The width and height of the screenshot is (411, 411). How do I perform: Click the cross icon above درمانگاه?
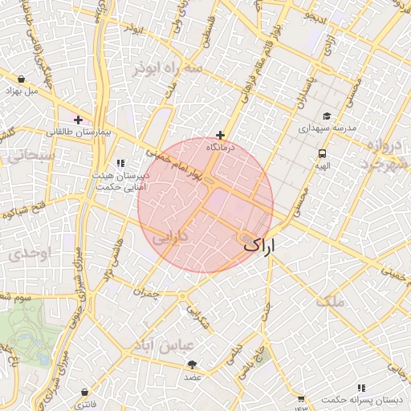pos(221,136)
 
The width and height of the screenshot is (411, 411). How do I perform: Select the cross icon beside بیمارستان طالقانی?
pos(78,119)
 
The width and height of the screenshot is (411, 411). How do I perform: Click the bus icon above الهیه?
pos(322,153)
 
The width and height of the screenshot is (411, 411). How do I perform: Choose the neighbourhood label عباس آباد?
pos(166,346)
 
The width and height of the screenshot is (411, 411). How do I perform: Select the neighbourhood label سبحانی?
pos(31,153)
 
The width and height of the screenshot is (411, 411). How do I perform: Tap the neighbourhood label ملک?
pos(330,302)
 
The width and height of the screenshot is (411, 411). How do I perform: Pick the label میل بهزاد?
pos(22,91)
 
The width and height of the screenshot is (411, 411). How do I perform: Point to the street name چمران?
pos(148,294)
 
